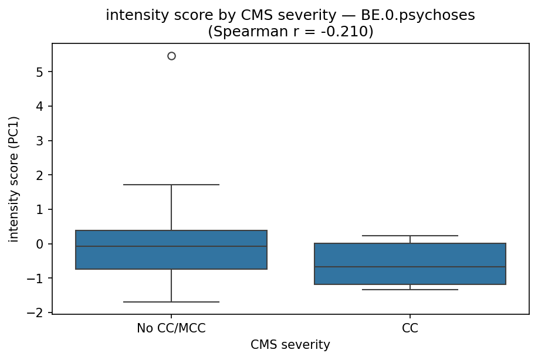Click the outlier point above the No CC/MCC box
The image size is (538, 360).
coord(171,56)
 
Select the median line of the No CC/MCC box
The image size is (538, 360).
coord(171,246)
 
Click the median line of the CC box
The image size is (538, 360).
coord(410,267)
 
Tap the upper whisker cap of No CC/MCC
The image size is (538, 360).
coord(171,185)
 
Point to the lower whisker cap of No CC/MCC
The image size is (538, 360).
coord(171,302)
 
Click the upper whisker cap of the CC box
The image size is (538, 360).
coord(410,236)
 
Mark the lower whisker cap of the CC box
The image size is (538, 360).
coord(410,290)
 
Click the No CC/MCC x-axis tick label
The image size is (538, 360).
coord(171,328)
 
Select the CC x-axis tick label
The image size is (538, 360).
coord(410,328)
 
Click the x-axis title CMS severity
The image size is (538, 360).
coord(290,345)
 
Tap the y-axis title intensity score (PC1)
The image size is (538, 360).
coord(14,179)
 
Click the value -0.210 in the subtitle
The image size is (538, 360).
coord(345,32)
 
